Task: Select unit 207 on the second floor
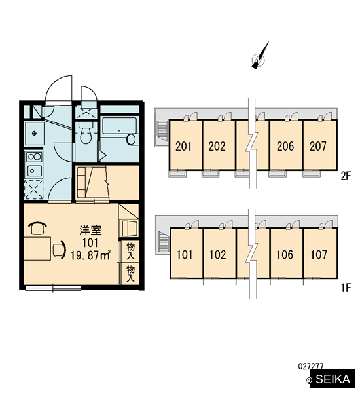pyautogui.click(x=319, y=145)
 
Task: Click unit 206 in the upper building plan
pyautogui.click(x=285, y=145)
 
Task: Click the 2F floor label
pyautogui.click(x=346, y=176)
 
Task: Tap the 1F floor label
pyautogui.click(x=346, y=288)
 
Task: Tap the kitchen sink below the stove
pyautogui.click(x=34, y=171)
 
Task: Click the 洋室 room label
pyautogui.click(x=90, y=231)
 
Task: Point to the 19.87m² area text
pyautogui.click(x=90, y=255)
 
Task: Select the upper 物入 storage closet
pyautogui.click(x=130, y=251)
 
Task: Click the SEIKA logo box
pyautogui.click(x=333, y=379)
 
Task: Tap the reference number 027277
pyautogui.click(x=311, y=366)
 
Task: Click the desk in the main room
pyautogui.click(x=37, y=249)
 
